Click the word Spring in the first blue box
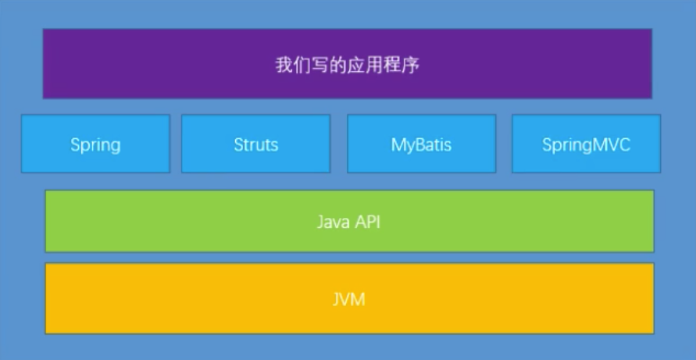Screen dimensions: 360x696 point(95,144)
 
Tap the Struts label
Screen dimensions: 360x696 point(255,144)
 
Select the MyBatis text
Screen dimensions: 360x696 point(421,144)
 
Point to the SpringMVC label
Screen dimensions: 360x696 point(585,144)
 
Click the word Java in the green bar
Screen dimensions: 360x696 point(331,222)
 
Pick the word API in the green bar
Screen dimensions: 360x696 point(367,222)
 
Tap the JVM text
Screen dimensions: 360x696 point(348,299)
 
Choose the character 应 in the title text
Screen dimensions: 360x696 point(356,65)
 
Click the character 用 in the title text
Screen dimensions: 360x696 point(374,65)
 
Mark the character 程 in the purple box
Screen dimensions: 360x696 point(392,65)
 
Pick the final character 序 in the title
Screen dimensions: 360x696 point(410,65)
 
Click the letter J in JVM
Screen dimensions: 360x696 point(336,299)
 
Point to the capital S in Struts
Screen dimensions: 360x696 point(238,144)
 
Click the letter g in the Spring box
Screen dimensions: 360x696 point(116,146)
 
